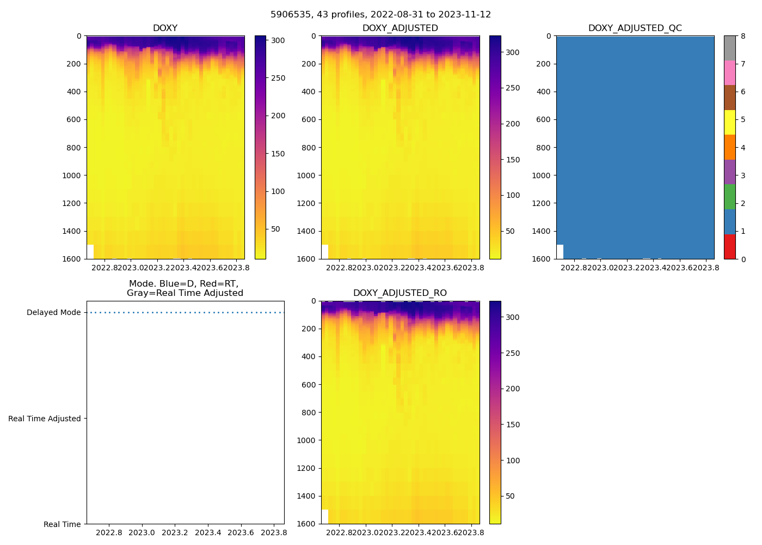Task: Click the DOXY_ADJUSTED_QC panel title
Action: click(635, 28)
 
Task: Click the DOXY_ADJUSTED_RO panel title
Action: click(400, 293)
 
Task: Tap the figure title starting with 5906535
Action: click(380, 15)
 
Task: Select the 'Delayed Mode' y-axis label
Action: click(53, 313)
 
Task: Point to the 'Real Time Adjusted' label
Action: click(45, 419)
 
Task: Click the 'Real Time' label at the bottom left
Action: click(62, 524)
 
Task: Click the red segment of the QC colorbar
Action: click(729, 246)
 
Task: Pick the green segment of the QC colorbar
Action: click(729, 197)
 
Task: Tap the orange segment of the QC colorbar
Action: click(729, 147)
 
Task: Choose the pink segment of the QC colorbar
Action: click(729, 73)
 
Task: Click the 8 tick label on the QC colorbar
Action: click(743, 36)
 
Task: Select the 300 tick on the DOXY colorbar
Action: click(278, 40)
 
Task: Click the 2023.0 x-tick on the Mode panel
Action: click(142, 532)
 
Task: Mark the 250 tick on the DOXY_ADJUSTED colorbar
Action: click(513, 88)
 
